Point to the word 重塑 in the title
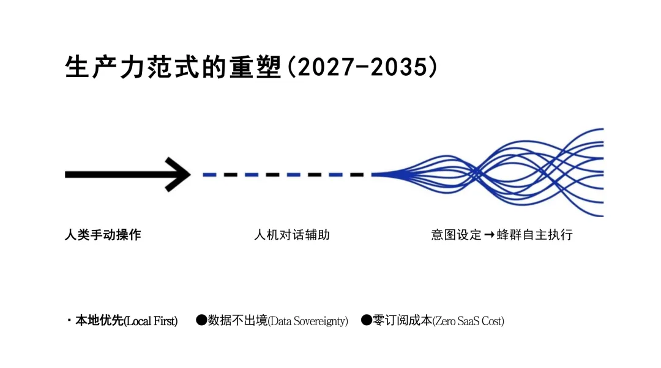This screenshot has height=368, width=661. (260, 67)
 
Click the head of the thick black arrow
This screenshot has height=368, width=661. (179, 174)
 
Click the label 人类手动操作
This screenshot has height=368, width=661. (103, 235)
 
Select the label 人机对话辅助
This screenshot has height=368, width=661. (292, 235)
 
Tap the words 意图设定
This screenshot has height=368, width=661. (456, 235)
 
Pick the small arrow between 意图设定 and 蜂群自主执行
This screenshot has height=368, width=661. (488, 235)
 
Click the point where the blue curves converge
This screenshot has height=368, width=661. (375, 174)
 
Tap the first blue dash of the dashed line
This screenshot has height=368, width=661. (209, 174)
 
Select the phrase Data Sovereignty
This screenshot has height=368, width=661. (308, 321)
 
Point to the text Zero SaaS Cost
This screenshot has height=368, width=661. (469, 321)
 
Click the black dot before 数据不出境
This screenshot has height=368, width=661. (201, 320)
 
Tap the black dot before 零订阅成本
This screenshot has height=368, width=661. (366, 320)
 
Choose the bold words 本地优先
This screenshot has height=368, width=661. (99, 321)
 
